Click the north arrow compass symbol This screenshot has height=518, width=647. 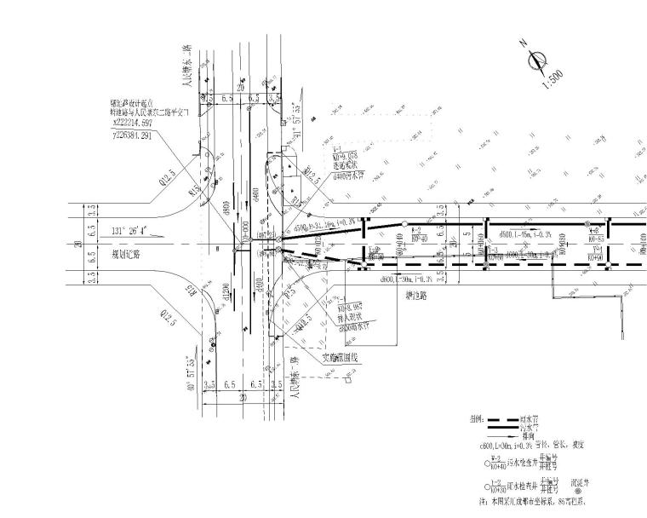click(537, 59)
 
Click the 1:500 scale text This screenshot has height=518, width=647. click(552, 78)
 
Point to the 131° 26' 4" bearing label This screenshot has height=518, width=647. click(129, 230)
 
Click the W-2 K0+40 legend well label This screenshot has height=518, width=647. click(496, 463)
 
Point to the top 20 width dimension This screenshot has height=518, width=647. click(240, 86)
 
